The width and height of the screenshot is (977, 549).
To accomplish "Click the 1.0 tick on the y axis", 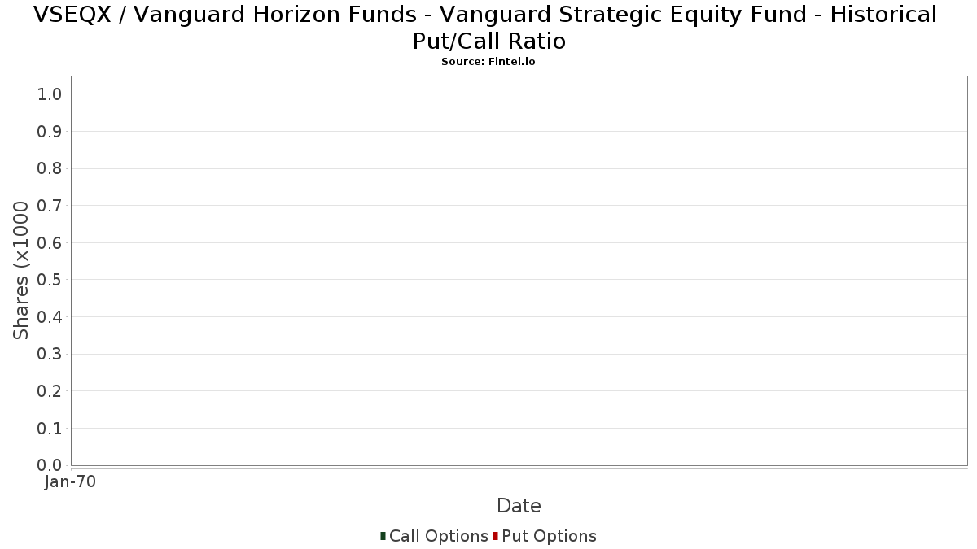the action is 50,94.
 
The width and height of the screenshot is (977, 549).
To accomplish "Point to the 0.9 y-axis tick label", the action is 50,132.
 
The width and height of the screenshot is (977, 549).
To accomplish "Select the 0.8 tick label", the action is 50,168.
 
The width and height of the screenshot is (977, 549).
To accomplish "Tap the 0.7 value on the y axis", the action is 50,206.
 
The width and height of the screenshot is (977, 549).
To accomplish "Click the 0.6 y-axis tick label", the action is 50,242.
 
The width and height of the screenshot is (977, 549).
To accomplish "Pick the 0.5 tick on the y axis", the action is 50,280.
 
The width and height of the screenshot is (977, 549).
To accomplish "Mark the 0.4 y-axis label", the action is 50,317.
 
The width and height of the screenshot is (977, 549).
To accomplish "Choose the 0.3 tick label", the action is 50,355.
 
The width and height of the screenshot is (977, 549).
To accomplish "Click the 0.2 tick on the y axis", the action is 50,391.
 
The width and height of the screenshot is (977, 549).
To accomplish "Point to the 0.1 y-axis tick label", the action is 50,429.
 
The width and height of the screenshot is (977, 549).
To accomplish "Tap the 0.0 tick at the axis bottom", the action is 50,465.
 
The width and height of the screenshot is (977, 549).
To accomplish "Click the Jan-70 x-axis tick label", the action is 70,481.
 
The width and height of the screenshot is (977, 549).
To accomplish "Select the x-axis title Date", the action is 519,506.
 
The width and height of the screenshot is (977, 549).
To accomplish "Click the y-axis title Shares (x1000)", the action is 20,270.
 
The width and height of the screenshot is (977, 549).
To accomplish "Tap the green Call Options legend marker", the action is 383,536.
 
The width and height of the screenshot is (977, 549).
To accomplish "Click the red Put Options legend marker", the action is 496,536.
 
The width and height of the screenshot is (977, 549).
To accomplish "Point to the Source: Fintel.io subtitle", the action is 488,62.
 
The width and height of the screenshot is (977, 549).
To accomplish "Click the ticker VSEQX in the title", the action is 72,15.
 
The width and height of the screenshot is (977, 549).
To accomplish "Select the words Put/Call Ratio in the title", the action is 489,41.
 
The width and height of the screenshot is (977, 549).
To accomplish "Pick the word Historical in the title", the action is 883,15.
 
